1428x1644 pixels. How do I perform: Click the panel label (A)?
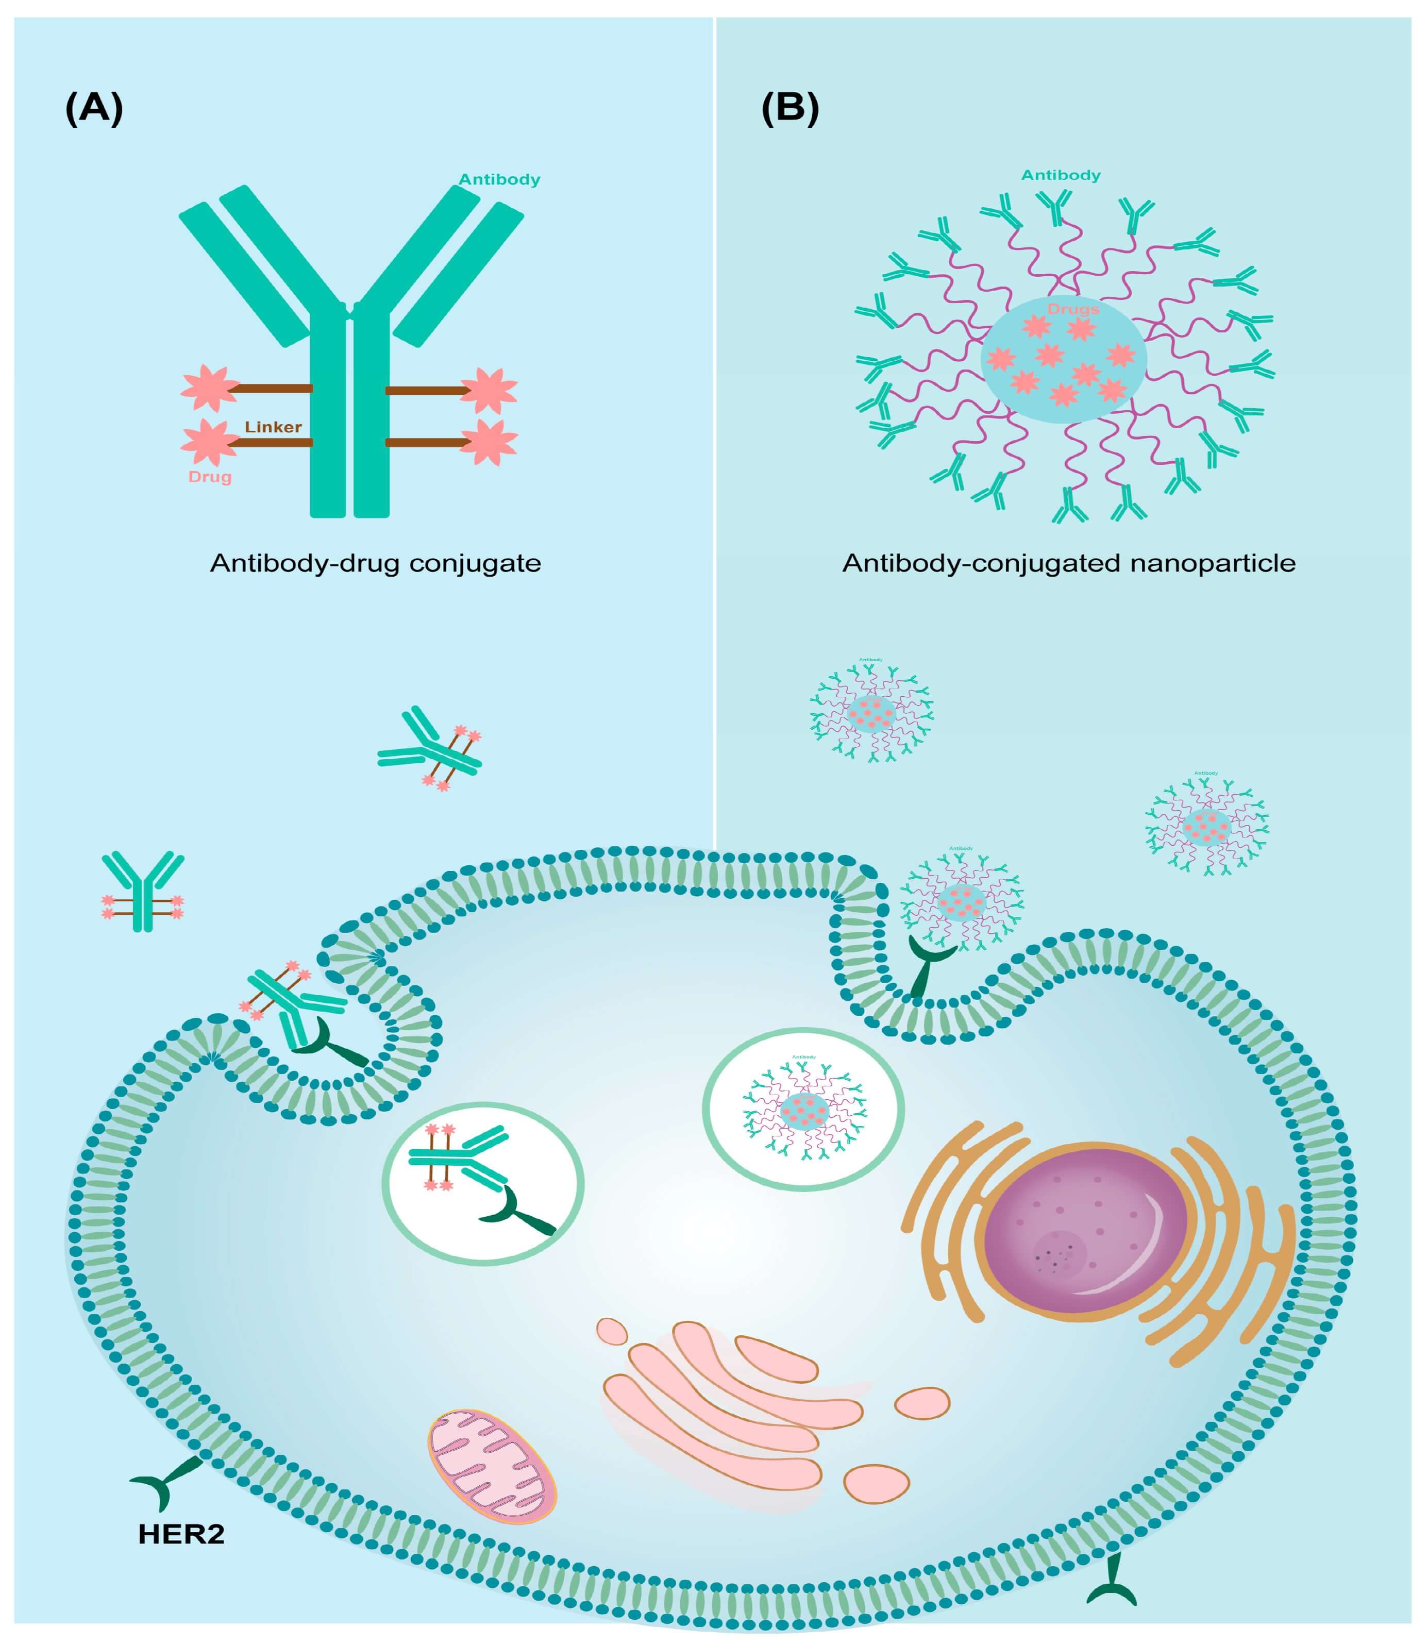coord(94,108)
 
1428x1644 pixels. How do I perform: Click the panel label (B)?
coord(789,108)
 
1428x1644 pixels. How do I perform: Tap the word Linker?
coord(273,427)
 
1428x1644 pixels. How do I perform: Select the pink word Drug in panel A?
coord(210,477)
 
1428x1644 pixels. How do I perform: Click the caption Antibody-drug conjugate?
coord(375,563)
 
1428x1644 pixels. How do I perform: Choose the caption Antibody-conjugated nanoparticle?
coord(1069,563)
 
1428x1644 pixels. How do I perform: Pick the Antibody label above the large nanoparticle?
coord(1061,175)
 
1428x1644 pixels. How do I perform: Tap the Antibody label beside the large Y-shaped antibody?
coord(500,179)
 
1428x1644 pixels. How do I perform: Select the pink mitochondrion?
coord(492,1466)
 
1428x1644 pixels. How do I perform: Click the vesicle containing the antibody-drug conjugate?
coord(483,1183)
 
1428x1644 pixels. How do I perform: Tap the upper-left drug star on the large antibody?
coord(209,388)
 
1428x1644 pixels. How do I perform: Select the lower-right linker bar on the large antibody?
coord(426,442)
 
